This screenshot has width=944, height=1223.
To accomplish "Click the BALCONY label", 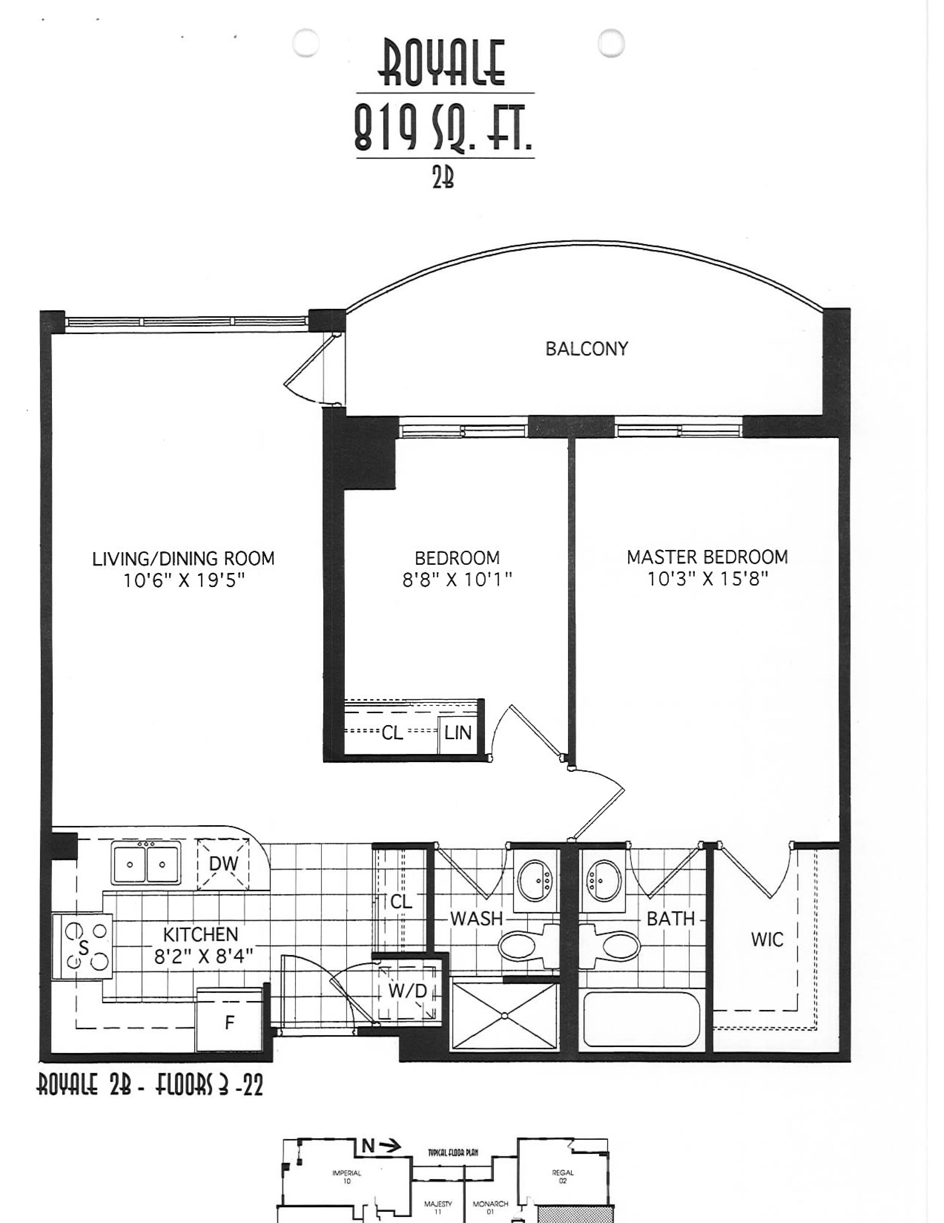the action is coord(587,349).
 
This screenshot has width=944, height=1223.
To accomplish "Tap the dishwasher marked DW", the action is coord(223,864).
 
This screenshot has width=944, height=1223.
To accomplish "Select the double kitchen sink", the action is coord(146,864).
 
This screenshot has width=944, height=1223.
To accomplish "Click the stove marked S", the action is coord(82,946).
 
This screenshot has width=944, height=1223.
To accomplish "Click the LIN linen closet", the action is coord(458,733).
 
